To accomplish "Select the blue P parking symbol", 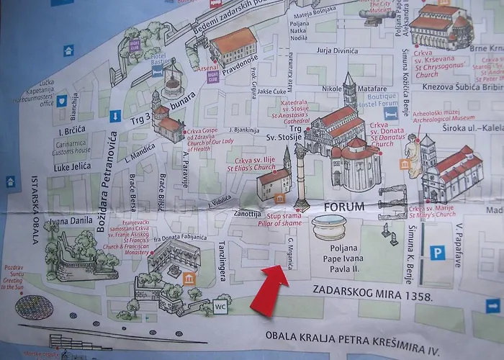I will click(436, 253).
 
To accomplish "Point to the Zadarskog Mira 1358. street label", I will click(372, 296).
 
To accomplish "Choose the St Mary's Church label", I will click(433, 214).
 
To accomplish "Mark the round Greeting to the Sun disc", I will click(30, 308).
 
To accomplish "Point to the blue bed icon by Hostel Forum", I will click(390, 113).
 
